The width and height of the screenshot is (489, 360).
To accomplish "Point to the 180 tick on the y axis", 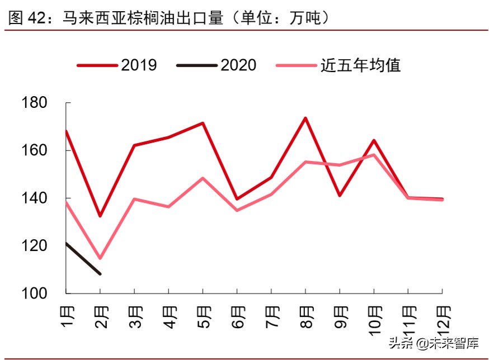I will click(34, 103).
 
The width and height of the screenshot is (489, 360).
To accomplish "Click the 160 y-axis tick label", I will click(34, 151).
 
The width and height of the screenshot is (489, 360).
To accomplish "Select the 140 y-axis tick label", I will click(34, 198).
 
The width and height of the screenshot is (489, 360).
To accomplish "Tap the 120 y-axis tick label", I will click(34, 246).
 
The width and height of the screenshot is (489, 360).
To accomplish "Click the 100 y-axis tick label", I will click(34, 293).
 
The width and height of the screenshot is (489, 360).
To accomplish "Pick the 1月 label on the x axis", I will click(66, 316).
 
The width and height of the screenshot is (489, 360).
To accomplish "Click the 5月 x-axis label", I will click(203, 316).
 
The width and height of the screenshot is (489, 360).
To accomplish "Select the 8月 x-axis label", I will click(305, 316).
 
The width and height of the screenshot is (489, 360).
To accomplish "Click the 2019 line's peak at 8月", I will click(305, 118).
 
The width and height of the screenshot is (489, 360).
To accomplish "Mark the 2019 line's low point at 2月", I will click(100, 216).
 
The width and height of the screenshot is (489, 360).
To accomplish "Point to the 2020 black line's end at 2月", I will click(100, 274).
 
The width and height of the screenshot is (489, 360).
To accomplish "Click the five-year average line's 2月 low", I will click(100, 258).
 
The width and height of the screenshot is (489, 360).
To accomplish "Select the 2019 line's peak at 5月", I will click(203, 123).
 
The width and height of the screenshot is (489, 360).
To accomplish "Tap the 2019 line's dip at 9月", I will click(340, 196).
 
